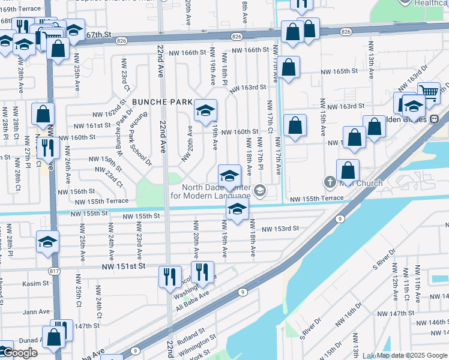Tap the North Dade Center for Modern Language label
210,191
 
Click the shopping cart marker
429,92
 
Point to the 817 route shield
54,271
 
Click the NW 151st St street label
124,266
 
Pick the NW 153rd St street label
280,228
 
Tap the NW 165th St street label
339,71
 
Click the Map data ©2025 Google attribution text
412,355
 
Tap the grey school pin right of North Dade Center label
259,190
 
